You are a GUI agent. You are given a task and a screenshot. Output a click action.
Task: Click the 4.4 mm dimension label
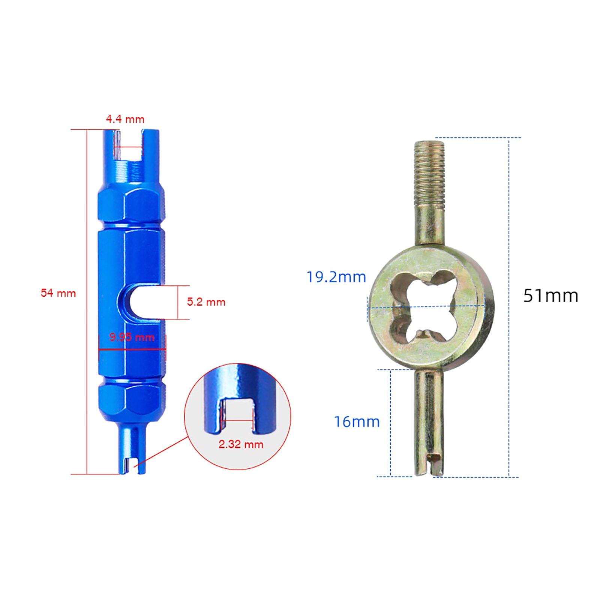click(x=125, y=119)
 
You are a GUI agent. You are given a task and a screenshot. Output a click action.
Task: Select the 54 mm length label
click(x=58, y=293)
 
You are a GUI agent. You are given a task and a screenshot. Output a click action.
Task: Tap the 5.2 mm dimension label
click(x=206, y=302)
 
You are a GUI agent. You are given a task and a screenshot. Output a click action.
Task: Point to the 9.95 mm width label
click(x=132, y=337)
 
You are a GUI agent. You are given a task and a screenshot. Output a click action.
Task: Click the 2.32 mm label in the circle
click(x=241, y=444)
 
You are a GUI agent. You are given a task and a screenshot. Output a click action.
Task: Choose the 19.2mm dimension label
click(x=336, y=277)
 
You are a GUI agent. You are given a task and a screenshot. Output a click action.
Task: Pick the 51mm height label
click(x=551, y=296)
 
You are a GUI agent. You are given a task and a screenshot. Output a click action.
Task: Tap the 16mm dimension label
click(x=357, y=422)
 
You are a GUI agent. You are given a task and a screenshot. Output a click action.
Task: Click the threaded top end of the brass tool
click(x=429, y=172)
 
